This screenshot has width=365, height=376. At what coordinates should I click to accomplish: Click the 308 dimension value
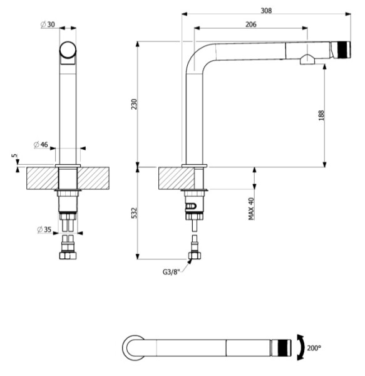pyautogui.click(x=266, y=11)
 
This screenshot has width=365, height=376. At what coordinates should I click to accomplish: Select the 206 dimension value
pyautogui.click(x=251, y=24)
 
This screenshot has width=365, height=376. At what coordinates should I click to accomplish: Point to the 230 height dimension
pyautogui.click(x=135, y=104)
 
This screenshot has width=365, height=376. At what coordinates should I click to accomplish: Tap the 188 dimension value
pyautogui.click(x=321, y=115)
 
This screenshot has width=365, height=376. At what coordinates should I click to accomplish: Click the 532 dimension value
pyautogui.click(x=135, y=213)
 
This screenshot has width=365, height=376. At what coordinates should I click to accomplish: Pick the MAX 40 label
pyautogui.click(x=251, y=209)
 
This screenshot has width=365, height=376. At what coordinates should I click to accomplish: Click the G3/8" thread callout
pyautogui.click(x=171, y=272)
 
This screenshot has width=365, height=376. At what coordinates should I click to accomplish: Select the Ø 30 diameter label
pyautogui.click(x=48, y=24)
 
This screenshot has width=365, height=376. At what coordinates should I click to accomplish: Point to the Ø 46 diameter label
pyautogui.click(x=41, y=145)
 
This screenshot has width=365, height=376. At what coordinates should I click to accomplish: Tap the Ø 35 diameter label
pyautogui.click(x=44, y=229)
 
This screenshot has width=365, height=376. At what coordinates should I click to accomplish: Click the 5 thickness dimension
pyautogui.click(x=14, y=155)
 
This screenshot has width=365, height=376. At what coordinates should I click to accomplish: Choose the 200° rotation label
pyautogui.click(x=314, y=348)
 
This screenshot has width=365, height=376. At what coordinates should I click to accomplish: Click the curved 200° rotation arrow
pyautogui.click(x=302, y=347)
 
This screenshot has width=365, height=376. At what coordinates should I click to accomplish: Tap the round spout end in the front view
pyautogui.click(x=68, y=50)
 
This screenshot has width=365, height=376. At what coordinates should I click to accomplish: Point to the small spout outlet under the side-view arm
pyautogui.click(x=307, y=60)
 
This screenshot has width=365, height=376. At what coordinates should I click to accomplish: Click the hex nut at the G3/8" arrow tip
pyautogui.click(x=195, y=256)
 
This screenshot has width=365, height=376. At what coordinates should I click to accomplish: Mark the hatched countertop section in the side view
pyautogui.click(x=177, y=178)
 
